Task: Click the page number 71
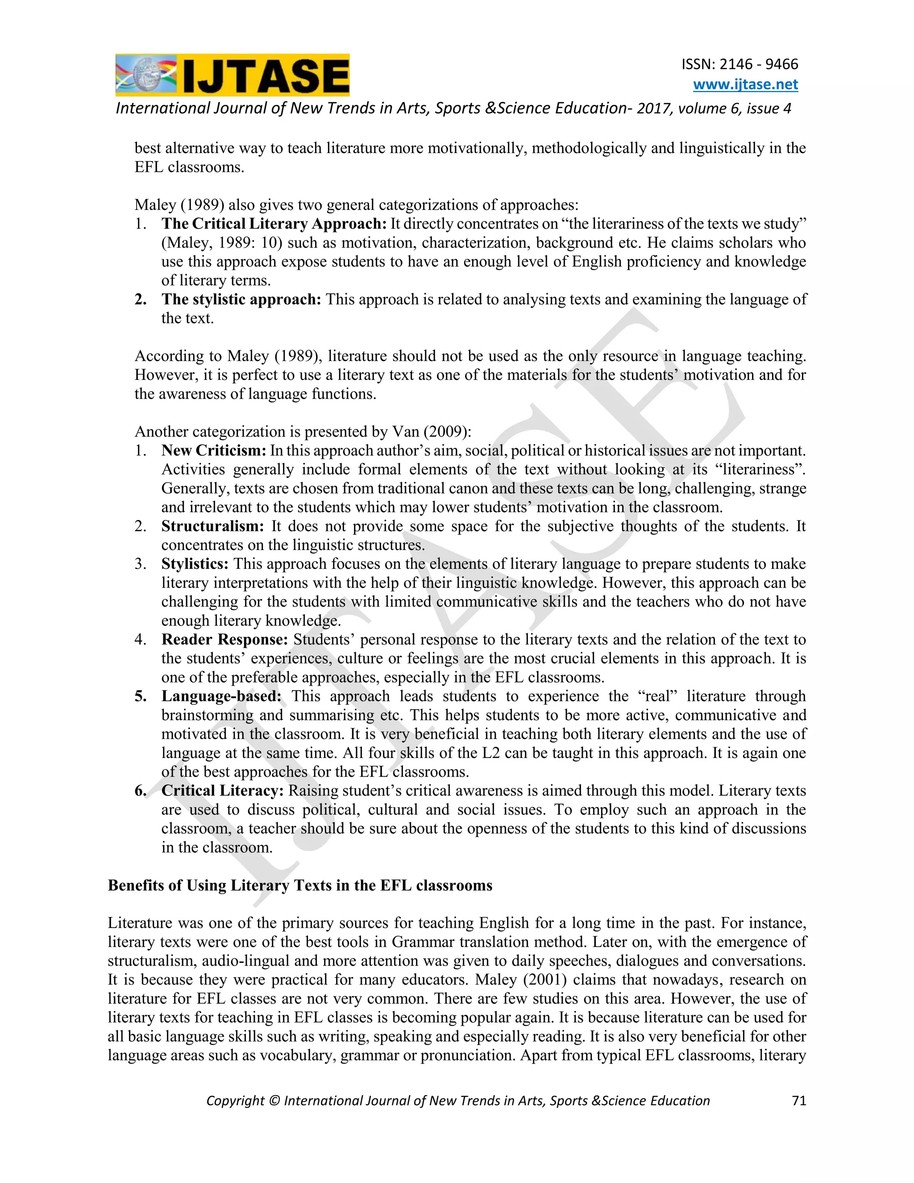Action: [x=799, y=1101]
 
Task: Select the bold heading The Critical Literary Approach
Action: [x=274, y=224]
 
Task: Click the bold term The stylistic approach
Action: [x=241, y=299]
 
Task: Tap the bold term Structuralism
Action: [x=212, y=526]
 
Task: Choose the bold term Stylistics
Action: [x=195, y=564]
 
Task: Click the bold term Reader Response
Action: [x=224, y=640]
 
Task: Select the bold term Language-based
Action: [x=221, y=696]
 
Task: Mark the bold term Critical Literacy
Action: [x=222, y=791]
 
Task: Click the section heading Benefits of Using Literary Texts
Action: [x=300, y=885]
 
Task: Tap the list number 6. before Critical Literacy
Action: [x=141, y=791]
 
